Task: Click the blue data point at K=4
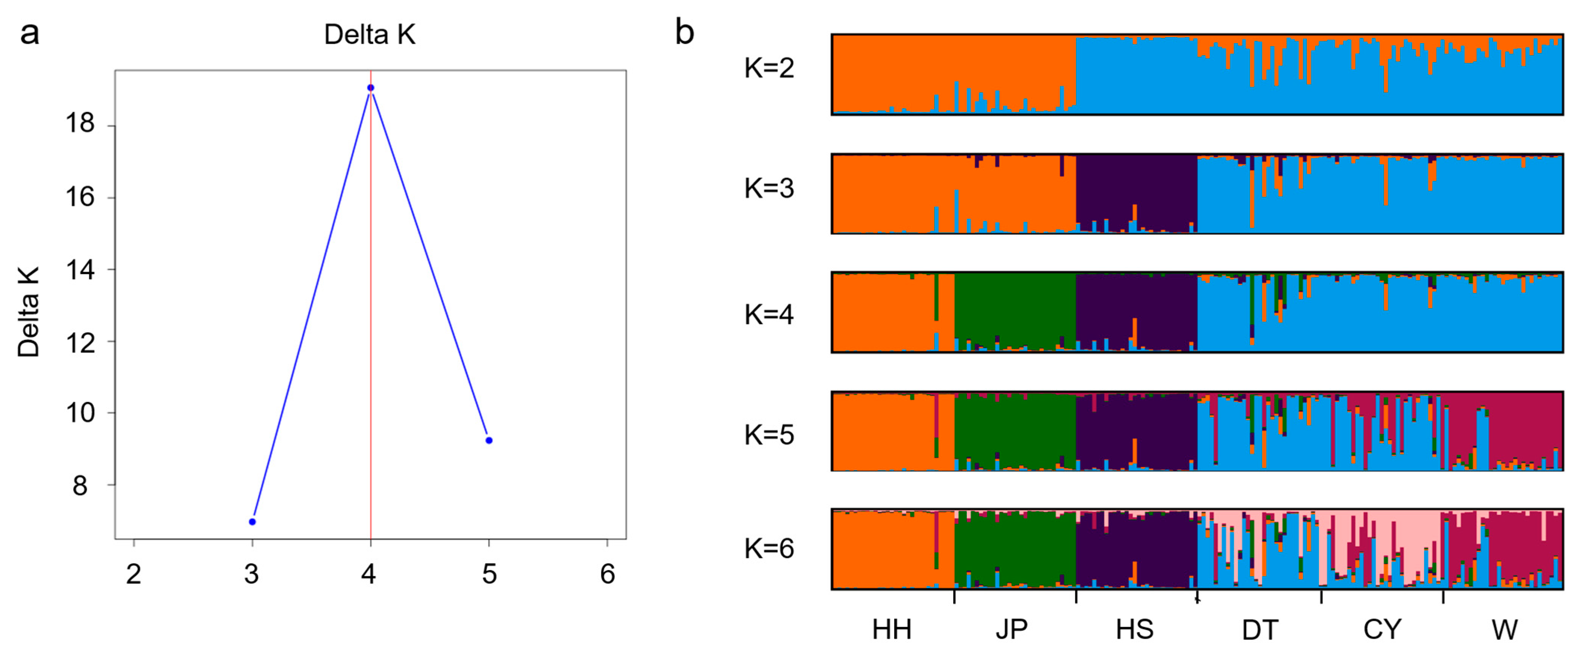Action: point(370,88)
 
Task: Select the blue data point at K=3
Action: point(252,522)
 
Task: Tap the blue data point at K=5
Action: point(489,441)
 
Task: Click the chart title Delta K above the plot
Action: point(370,35)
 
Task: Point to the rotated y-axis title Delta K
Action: point(28,312)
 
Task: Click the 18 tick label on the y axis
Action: point(81,124)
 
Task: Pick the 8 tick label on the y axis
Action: point(81,486)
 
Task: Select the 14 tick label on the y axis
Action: point(81,270)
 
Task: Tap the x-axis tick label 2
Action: point(134,574)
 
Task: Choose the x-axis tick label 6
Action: point(607,574)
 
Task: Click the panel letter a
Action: point(30,33)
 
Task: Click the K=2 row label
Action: point(769,68)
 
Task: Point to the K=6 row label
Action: point(769,548)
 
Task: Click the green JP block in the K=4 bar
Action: point(1015,307)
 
